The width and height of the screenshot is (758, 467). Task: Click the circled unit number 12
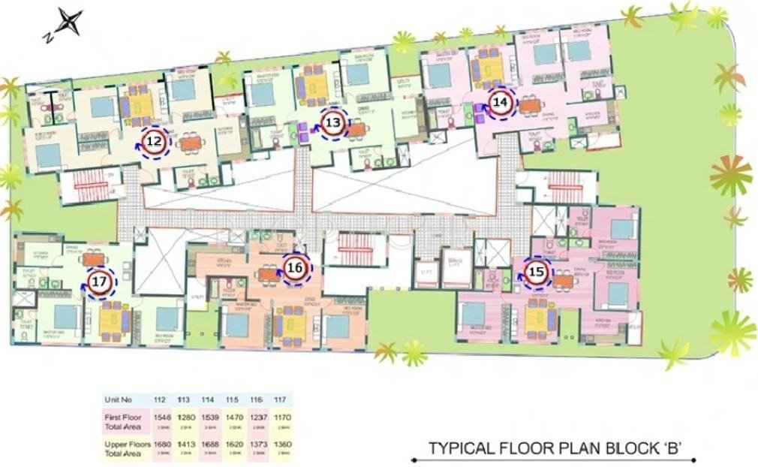(155, 140)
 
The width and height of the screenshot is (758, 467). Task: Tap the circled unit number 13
(334, 122)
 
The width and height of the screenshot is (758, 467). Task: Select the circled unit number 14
(501, 102)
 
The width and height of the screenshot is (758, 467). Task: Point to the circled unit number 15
(535, 273)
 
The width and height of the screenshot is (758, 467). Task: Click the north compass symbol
(68, 23)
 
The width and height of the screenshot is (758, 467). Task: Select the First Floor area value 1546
(161, 417)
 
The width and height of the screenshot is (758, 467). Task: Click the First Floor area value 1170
(280, 417)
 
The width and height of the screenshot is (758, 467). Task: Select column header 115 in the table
(233, 399)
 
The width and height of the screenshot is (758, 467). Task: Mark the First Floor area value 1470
(233, 417)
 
